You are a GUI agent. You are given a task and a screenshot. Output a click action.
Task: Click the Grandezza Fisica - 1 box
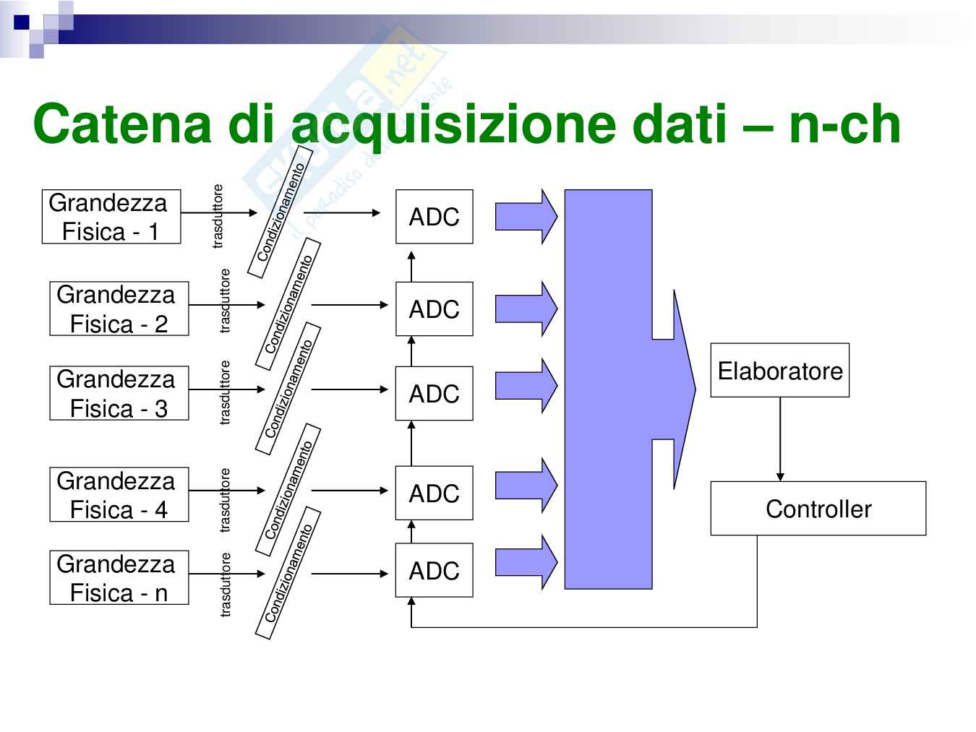111,217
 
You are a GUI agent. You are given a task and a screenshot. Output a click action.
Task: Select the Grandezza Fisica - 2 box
119,309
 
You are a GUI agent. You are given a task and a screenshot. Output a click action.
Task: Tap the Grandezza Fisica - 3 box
119,393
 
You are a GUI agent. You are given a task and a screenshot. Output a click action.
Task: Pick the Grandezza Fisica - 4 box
119,494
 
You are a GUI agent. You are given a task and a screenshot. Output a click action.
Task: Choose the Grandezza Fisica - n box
119,577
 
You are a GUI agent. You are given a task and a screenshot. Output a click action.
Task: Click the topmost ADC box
434,217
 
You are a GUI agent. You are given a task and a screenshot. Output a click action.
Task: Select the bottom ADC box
434,570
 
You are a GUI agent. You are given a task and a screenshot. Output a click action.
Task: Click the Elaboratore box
779,371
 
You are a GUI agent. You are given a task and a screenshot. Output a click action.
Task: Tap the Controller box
818,509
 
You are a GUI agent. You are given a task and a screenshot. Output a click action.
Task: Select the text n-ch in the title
844,124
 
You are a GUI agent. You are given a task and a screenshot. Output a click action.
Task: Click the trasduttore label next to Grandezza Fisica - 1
218,216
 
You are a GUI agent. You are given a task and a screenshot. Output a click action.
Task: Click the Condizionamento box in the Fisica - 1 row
281,212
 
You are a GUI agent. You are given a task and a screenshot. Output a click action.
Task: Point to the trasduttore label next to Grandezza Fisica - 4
225,500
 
